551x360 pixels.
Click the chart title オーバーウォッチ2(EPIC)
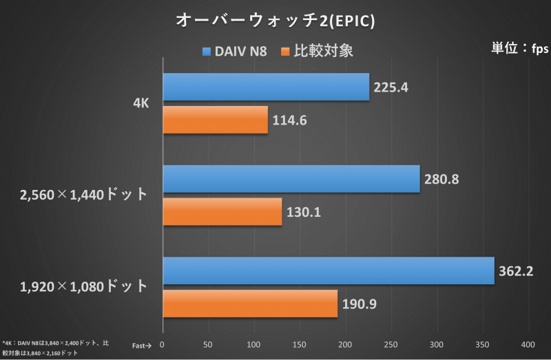pos(275,21)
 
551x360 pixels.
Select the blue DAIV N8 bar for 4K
pos(266,87)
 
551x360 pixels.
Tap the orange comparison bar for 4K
pos(215,120)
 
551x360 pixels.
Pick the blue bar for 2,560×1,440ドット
pos(291,179)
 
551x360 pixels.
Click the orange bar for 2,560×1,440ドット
pos(222,211)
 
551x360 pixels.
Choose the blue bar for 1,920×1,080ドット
pos(329,271)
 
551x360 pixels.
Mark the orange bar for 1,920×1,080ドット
pos(250,304)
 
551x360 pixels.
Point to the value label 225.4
pos(392,87)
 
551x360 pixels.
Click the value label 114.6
pos(290,120)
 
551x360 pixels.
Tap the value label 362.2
pos(517,271)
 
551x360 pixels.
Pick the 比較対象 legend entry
pos(318,51)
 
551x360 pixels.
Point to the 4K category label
pos(141,104)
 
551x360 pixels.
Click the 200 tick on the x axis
pos(346,344)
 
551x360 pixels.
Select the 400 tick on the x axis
pos(528,344)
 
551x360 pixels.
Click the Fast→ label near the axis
pos(142,345)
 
